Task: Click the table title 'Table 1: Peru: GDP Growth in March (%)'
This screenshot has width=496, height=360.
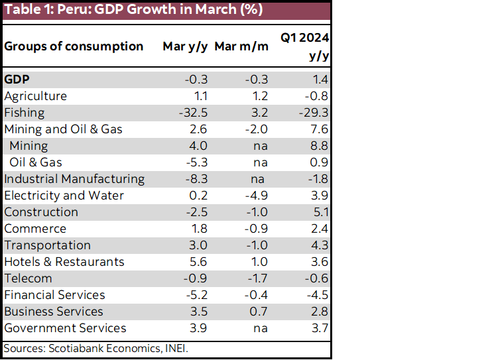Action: [133, 11]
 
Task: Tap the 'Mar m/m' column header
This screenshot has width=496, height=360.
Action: [244, 46]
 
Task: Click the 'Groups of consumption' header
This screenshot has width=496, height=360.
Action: [74, 46]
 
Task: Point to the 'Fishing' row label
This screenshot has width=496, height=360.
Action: [25, 113]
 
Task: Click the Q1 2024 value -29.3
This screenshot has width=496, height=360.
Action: [314, 113]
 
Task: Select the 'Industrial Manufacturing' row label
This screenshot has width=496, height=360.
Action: [74, 179]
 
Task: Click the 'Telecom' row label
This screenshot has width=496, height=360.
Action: [28, 278]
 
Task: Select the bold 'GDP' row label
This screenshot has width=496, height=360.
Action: [17, 80]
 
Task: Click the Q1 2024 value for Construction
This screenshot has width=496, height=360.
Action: [320, 212]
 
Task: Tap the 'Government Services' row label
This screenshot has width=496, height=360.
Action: [65, 328]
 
